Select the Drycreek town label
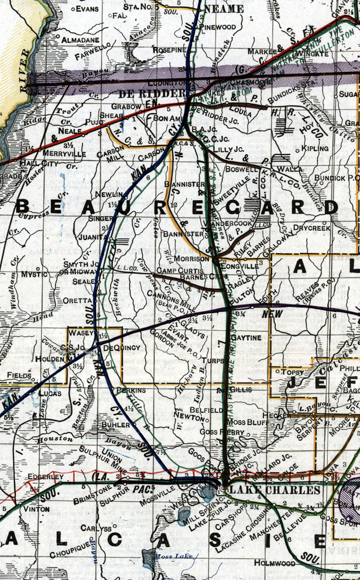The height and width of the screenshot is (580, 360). tap(312, 228)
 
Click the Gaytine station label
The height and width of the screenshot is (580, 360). tap(246, 337)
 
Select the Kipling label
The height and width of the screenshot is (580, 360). tap(315, 148)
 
